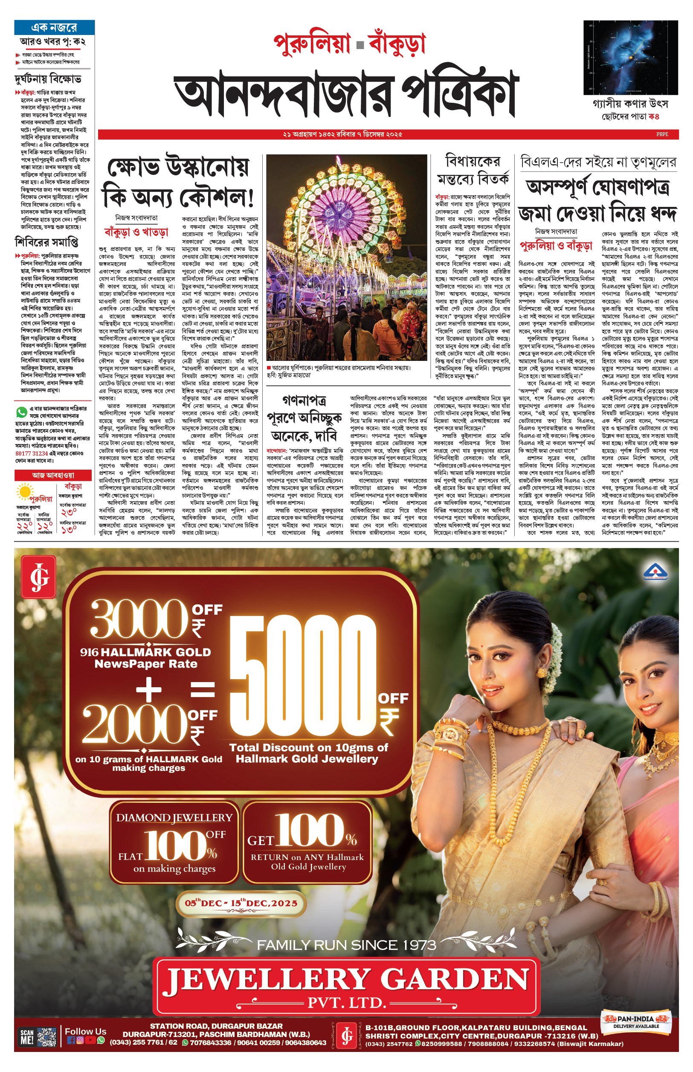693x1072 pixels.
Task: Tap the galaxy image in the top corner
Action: [x=630, y=57]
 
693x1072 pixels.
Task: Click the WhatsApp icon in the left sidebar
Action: [x=21, y=411]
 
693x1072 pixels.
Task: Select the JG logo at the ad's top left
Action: [x=39, y=576]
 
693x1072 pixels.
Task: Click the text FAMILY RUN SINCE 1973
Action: [x=346, y=945]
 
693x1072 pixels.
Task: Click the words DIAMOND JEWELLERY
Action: [x=174, y=818]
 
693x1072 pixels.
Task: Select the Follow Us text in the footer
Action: [x=85, y=1031]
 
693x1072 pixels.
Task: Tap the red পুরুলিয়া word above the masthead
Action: [x=312, y=44]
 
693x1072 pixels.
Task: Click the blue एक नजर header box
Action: [x=54, y=27]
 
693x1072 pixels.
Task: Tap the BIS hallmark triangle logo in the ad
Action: [x=655, y=572]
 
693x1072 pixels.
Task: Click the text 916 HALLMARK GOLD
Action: [x=145, y=652]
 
